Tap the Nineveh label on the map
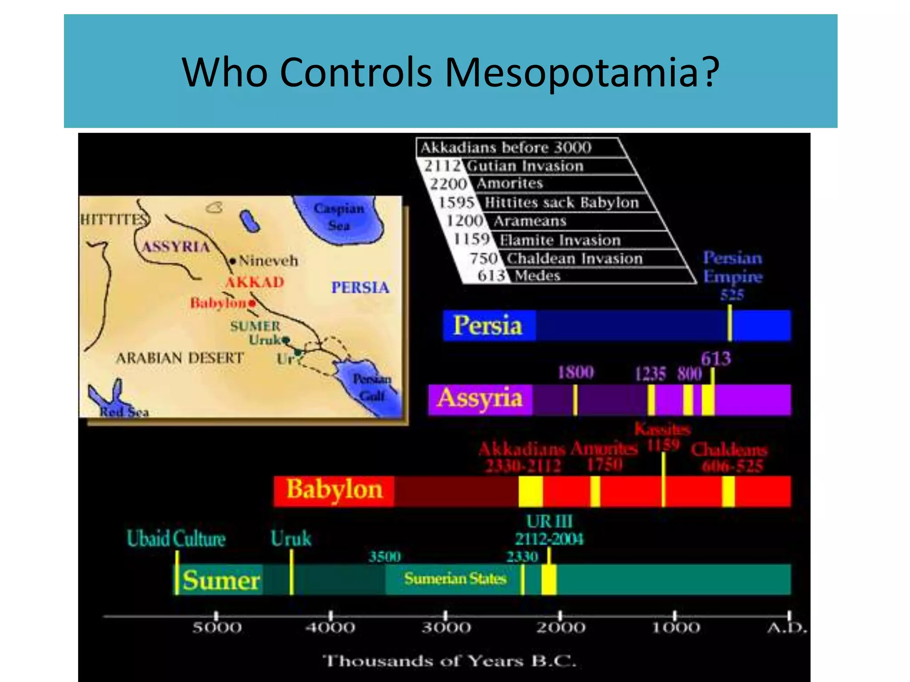[x=268, y=261]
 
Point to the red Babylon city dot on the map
[x=252, y=303]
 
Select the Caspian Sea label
[x=339, y=217]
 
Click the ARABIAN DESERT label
[x=180, y=358]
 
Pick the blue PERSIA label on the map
[x=360, y=288]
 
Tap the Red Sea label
[x=124, y=412]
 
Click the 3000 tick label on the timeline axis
[x=446, y=628]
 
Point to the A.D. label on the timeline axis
[x=786, y=628]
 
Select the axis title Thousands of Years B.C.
[x=449, y=661]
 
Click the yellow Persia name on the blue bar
[x=487, y=325]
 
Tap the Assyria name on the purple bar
[x=480, y=398]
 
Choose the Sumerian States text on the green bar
[x=455, y=579]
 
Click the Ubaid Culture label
[x=176, y=539]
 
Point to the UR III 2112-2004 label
[x=549, y=530]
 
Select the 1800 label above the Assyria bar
[x=575, y=372]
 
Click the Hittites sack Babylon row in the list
[x=561, y=203]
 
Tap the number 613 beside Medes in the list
[x=491, y=276]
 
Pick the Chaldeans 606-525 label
[x=730, y=458]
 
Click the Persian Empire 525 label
[x=733, y=276]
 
